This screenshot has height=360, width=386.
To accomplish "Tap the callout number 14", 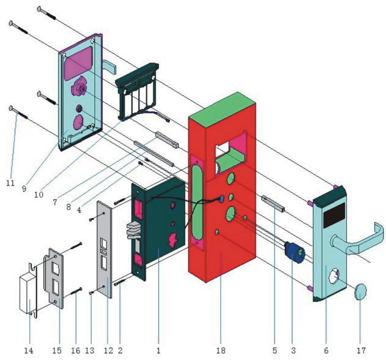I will (28, 351).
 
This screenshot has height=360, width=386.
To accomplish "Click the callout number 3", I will (293, 351).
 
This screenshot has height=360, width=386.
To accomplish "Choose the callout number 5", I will (275, 351).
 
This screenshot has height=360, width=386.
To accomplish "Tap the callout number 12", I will (108, 351).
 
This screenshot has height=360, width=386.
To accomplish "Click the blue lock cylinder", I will (293, 252).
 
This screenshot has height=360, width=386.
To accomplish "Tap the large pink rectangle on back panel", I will (78, 64).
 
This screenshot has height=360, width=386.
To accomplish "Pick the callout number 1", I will (158, 351).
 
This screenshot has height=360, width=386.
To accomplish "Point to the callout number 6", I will (325, 351).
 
